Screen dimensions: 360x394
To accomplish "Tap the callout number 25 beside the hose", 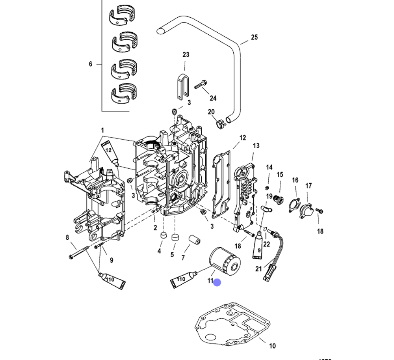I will (255, 37).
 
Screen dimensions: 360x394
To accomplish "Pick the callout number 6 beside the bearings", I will (90, 64).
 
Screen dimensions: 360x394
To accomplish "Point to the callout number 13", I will (256, 146).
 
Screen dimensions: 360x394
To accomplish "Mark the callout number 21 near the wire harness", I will (258, 269).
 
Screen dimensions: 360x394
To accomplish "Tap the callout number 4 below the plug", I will (160, 251).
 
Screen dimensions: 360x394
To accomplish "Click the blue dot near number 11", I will (217, 282).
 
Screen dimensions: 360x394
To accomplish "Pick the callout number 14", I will (269, 168).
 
